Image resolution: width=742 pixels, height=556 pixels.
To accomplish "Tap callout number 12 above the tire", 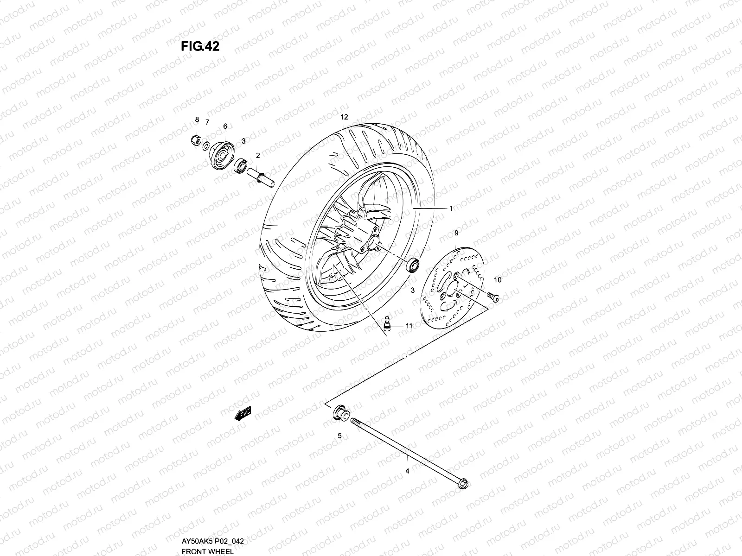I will coord(344,117).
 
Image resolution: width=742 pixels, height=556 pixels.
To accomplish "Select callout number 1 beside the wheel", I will coord(450,209).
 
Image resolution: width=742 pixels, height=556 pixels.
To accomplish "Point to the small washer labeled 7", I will coord(205,147).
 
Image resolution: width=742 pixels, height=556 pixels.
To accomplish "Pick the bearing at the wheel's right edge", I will coord(412,265).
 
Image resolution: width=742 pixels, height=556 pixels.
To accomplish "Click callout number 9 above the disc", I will coord(456,233).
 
